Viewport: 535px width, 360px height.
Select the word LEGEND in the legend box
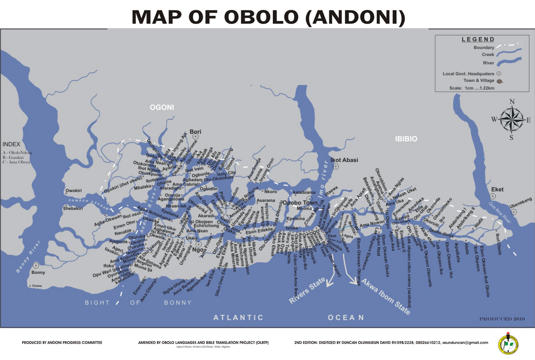point(478,39)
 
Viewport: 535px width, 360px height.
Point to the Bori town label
point(195,132)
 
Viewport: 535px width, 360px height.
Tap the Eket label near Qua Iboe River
point(497,189)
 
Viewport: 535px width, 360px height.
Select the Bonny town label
point(38,272)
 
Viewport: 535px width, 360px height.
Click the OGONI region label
point(162,108)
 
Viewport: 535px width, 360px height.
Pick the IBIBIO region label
point(406,139)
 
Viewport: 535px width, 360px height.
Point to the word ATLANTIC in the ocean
point(238,318)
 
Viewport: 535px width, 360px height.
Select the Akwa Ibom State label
point(385,297)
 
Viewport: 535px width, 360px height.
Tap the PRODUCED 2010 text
point(501,319)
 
